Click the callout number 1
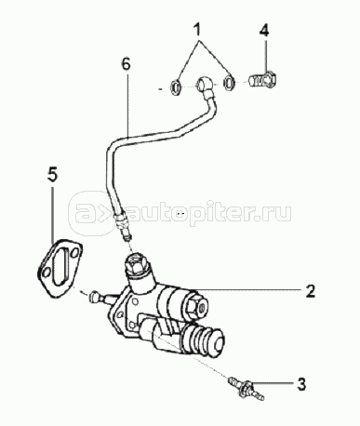point(196,30)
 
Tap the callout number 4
point(264,30)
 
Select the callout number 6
point(127,64)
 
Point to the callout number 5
point(52,175)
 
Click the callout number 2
point(310,290)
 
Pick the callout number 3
point(300,384)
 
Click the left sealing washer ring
point(176,87)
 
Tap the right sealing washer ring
point(229,82)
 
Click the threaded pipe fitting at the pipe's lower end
point(124,226)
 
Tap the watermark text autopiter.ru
point(208,212)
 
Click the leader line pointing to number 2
point(247,289)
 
